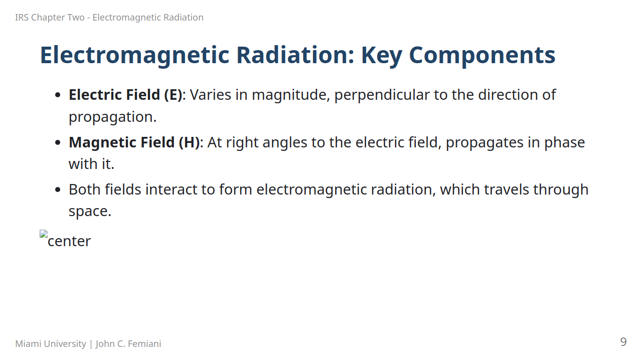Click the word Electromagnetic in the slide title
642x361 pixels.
pos(135,55)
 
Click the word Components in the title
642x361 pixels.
pos(482,55)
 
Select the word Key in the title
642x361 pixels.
pos(382,55)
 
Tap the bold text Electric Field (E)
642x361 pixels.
pos(125,95)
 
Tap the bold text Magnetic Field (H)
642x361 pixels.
pos(134,142)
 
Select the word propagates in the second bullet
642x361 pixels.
pos(487,143)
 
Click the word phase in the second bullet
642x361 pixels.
pos(564,143)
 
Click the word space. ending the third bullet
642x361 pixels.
pos(90,212)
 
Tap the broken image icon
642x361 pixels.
pos(44,234)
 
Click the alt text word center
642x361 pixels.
pos(69,241)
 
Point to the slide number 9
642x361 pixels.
pos(623,342)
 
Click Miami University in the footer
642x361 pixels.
pos(51,344)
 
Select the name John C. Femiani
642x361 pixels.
pos(128,344)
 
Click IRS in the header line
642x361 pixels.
pos(22,18)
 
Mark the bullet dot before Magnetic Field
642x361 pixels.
pos(58,142)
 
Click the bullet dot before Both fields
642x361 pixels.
pos(58,190)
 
